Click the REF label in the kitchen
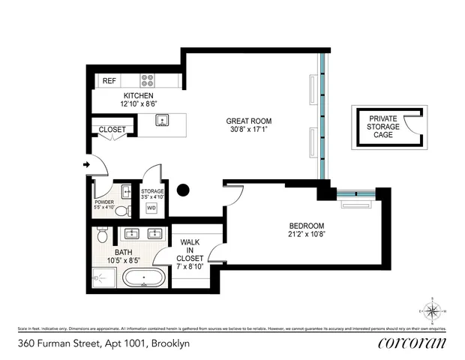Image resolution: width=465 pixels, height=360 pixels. pos(109,81)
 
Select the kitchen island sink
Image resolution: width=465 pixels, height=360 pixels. pos(160,120)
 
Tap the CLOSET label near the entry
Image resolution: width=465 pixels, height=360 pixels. pos(112,130)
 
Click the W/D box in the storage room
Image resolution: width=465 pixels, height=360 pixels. pos(151,208)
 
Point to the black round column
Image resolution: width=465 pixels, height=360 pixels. pos(182,190)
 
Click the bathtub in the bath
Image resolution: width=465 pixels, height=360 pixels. pos(145,281)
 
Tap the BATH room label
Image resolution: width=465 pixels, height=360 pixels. pos(124,253)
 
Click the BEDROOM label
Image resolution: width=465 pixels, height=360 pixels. pos(307,226)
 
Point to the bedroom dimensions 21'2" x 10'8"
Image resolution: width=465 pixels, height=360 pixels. pos(307,234)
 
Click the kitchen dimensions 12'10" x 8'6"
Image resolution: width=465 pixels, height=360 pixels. pos(139,105)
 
